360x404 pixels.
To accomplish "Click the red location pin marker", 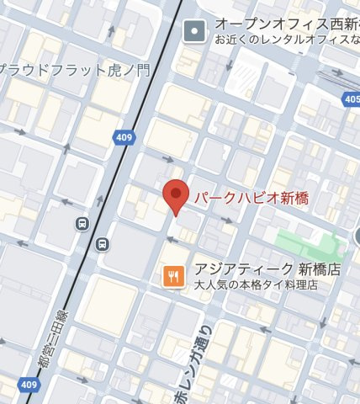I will (x=175, y=197).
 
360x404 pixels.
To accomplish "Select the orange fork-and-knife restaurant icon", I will (x=173, y=275).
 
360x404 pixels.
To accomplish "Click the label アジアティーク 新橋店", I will (x=267, y=270).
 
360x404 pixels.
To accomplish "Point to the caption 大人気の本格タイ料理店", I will (x=256, y=285).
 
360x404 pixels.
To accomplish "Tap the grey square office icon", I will (x=195, y=31).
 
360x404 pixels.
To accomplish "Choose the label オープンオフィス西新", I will (x=286, y=24).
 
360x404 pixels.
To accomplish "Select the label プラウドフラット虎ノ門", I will (x=76, y=70).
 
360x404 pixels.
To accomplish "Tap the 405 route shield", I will (x=351, y=100).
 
